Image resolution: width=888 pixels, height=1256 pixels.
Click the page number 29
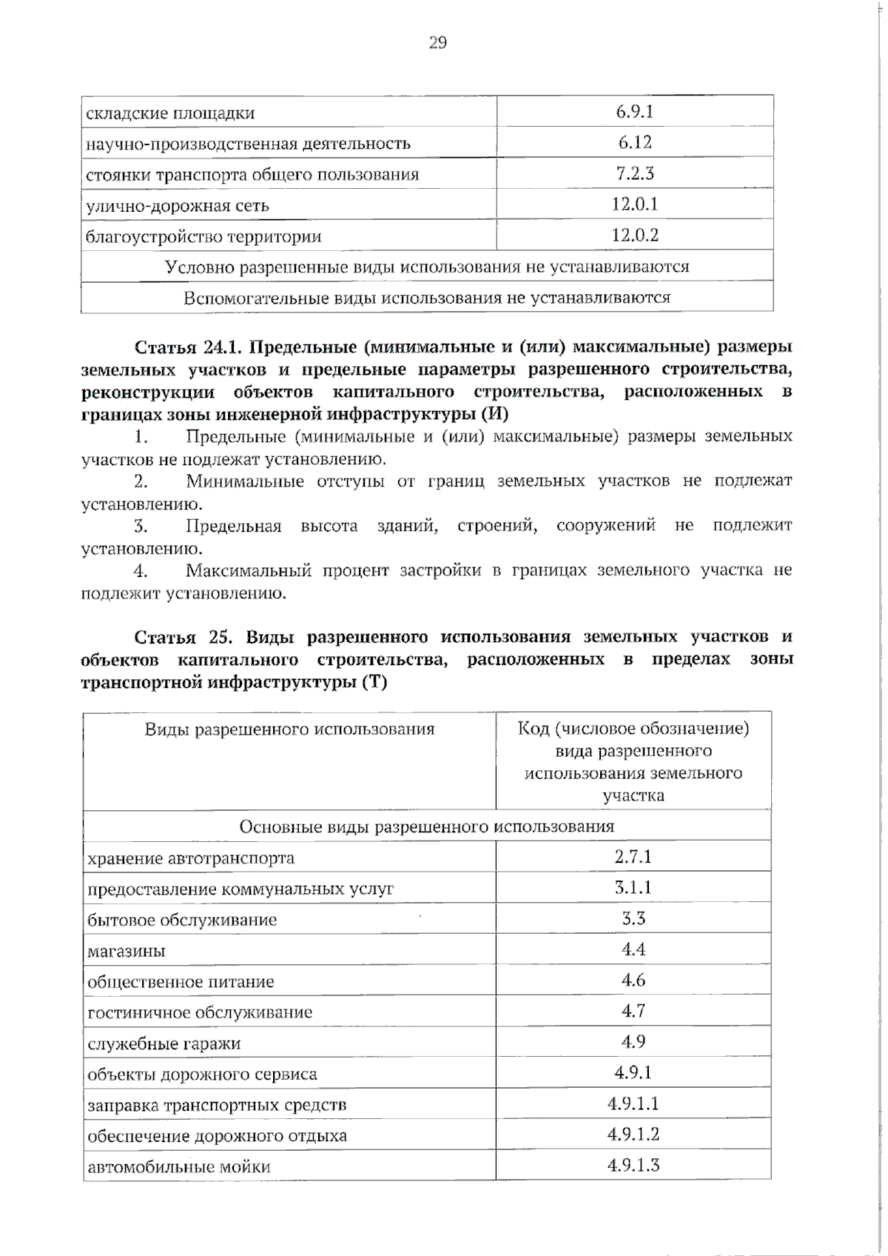click(437, 43)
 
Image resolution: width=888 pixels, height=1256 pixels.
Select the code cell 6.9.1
click(634, 112)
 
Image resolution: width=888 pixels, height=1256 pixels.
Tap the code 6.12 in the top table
click(634, 142)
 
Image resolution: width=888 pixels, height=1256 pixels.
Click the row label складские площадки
click(170, 113)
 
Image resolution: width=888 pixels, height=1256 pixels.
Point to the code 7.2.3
click(634, 173)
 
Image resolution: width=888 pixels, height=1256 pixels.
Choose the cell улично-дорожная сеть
click(178, 206)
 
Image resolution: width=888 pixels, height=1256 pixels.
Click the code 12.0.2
click(634, 235)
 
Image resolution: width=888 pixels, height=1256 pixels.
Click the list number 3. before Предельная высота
click(141, 526)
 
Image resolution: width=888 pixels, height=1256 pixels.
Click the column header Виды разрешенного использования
click(289, 729)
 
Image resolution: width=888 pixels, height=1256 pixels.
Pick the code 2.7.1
click(633, 857)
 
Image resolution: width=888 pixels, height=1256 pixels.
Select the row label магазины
click(127, 951)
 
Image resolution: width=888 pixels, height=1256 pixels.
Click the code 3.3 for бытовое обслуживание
click(633, 919)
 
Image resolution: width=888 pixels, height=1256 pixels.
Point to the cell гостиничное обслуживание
click(200, 1012)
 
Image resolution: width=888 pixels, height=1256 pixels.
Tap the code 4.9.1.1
click(633, 1104)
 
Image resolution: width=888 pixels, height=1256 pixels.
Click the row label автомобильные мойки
click(179, 1167)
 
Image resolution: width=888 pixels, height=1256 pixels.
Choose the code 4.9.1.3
click(633, 1166)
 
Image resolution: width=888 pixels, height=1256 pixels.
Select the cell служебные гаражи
click(164, 1043)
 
